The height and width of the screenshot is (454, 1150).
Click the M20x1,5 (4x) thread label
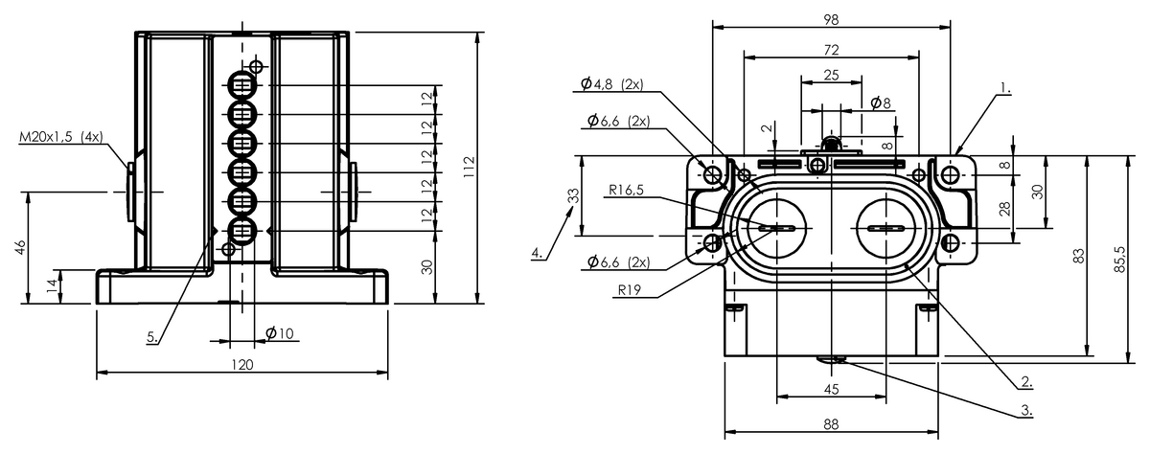pyautogui.click(x=61, y=137)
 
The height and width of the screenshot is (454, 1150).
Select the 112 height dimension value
pyautogui.click(x=470, y=168)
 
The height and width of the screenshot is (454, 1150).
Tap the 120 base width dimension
pyautogui.click(x=242, y=365)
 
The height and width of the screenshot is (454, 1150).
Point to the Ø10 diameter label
pyautogui.click(x=280, y=333)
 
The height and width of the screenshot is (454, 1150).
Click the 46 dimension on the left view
pyautogui.click(x=21, y=247)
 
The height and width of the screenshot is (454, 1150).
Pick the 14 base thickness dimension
pyautogui.click(x=53, y=286)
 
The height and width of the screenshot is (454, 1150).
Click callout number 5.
pyautogui.click(x=152, y=337)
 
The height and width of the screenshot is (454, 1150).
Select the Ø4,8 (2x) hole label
pyautogui.click(x=612, y=84)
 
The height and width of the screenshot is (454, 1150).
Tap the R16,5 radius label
pyautogui.click(x=626, y=190)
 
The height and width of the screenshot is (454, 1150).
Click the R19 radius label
pyautogui.click(x=630, y=290)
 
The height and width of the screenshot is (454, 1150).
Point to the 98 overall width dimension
pyautogui.click(x=831, y=19)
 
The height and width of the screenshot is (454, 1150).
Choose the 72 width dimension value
pyautogui.click(x=831, y=50)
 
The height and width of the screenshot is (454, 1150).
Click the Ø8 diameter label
pyautogui.click(x=881, y=102)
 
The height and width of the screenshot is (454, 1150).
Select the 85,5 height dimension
pyautogui.click(x=1120, y=259)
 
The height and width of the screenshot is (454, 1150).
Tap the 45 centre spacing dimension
pyautogui.click(x=831, y=390)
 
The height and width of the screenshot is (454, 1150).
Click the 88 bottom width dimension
pyautogui.click(x=831, y=424)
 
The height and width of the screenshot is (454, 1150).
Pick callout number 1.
pyautogui.click(x=1005, y=88)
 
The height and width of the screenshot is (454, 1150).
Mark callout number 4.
pyautogui.click(x=537, y=253)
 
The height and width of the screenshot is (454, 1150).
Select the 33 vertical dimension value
pyautogui.click(x=573, y=196)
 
